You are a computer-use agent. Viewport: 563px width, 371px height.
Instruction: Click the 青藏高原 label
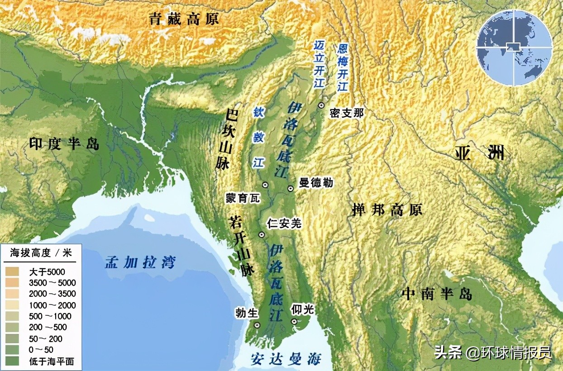coord(184,19)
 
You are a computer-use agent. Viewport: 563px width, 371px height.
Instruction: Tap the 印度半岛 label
coord(64,144)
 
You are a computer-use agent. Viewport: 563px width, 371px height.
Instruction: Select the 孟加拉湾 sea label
coord(140,262)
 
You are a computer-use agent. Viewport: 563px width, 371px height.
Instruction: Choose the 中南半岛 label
coord(437,294)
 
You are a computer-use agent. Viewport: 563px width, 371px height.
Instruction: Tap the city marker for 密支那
coord(321,105)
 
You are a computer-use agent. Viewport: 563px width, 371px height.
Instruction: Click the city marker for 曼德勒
coord(291,188)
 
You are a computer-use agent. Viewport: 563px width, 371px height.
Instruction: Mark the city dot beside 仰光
coord(294,321)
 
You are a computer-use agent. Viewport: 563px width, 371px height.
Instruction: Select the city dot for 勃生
coord(257,325)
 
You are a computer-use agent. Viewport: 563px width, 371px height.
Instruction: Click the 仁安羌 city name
coord(284,223)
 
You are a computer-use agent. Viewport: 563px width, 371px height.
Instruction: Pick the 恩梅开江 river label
coord(343,67)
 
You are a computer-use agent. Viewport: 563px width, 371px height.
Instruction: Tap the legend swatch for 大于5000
coord(13,272)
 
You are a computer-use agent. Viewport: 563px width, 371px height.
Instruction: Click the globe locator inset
coord(514,48)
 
